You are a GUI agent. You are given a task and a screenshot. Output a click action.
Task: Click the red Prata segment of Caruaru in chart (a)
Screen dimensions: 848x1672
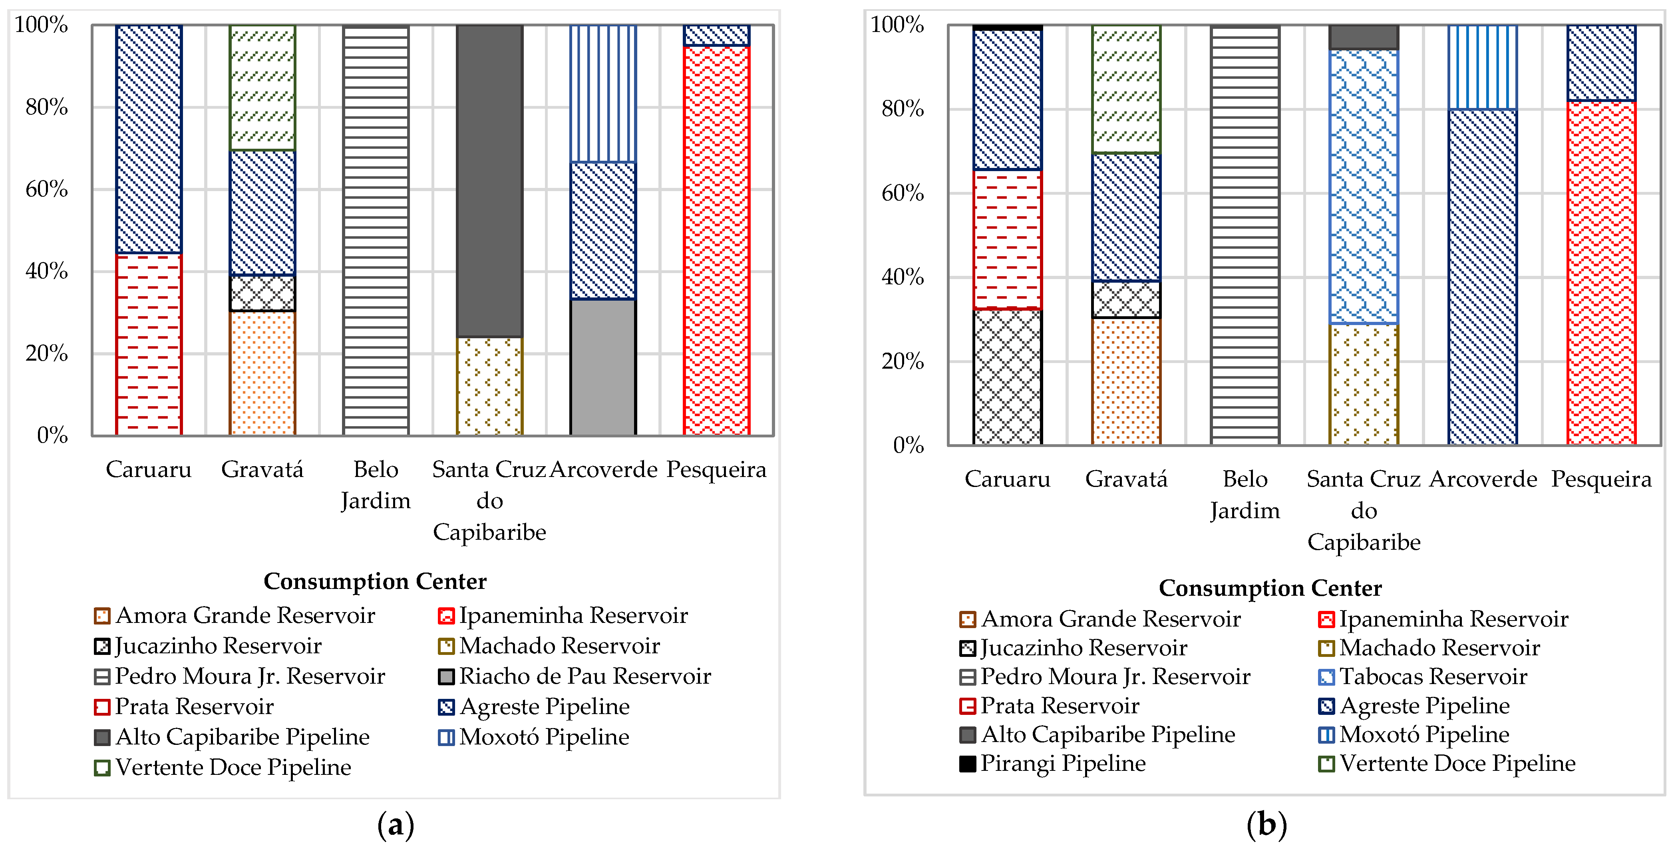(x=149, y=344)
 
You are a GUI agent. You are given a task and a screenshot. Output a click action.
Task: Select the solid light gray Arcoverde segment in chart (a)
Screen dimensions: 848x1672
(x=603, y=367)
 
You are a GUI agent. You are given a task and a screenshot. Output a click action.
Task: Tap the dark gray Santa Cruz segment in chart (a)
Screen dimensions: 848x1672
(x=489, y=180)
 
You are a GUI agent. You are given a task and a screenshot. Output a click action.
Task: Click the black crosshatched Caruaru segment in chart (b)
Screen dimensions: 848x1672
(x=1007, y=377)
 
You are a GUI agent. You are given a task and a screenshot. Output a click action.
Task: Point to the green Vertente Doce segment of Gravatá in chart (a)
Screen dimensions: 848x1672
(x=262, y=88)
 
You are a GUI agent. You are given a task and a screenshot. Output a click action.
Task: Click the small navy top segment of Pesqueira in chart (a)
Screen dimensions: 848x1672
(x=717, y=35)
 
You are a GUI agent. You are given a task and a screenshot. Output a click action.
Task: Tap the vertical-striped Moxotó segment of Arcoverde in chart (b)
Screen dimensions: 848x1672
(x=1483, y=67)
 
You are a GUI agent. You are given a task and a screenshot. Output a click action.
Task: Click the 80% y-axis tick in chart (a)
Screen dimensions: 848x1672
(x=47, y=107)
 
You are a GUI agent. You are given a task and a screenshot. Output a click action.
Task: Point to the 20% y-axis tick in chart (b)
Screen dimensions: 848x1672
(x=902, y=361)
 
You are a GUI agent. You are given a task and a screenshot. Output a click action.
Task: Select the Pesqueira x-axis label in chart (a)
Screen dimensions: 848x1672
(x=717, y=469)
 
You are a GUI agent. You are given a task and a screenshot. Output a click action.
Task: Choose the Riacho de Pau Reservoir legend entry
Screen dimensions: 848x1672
(x=575, y=676)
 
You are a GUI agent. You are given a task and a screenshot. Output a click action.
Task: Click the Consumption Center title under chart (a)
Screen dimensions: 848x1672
(x=375, y=581)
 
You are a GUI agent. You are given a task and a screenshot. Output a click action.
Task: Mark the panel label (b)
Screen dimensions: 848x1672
(x=1266, y=825)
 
